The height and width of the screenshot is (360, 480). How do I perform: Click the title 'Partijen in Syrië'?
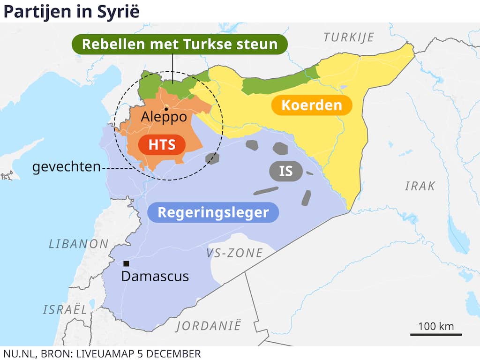point(72,11)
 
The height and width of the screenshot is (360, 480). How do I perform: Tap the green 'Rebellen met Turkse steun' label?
point(179,45)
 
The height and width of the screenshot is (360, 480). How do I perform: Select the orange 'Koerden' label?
point(312,105)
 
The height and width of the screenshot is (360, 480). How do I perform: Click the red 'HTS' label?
point(162,145)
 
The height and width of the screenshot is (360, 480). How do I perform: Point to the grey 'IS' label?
point(286,171)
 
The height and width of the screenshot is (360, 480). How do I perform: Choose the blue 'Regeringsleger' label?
point(213,212)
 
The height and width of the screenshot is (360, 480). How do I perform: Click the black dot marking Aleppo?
point(166,109)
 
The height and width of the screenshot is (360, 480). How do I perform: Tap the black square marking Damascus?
point(126,263)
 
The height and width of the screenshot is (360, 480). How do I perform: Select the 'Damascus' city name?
point(155,276)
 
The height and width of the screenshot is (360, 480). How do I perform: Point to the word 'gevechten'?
point(66,167)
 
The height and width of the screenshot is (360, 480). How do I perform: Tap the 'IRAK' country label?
point(420,186)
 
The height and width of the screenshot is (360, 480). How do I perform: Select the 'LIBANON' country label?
point(79,244)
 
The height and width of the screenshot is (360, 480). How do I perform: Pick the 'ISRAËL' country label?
point(65,309)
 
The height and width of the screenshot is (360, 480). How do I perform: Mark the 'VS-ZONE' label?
point(234,254)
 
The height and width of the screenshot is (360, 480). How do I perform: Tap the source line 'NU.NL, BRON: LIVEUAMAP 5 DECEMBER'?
point(102,353)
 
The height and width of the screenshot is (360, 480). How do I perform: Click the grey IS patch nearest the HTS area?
point(212,158)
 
